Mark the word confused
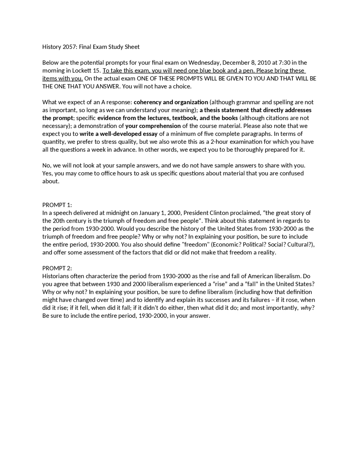pos(291,173)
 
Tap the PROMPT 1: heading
pos(57,205)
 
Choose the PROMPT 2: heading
pos(57,268)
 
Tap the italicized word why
pos(306,308)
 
